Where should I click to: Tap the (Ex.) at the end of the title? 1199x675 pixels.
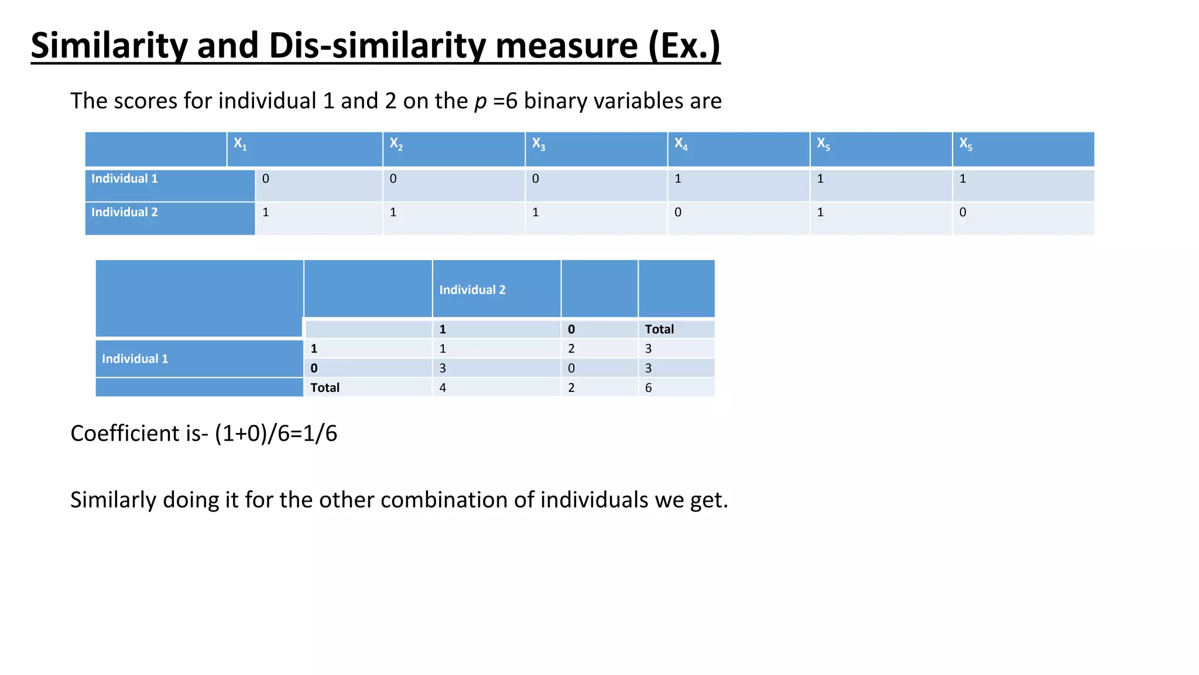point(684,46)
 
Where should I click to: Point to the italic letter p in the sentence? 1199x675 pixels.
point(480,101)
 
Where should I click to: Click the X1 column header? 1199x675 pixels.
point(240,144)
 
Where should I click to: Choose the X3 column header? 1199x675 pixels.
point(538,144)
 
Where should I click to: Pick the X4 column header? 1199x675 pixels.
point(680,144)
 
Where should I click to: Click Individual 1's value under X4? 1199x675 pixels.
point(678,179)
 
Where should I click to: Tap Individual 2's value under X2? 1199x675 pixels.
point(393,212)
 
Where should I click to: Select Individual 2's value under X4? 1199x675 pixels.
point(678,212)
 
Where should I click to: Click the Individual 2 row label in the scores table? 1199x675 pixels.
point(124,212)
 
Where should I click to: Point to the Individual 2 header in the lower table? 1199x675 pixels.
point(472,290)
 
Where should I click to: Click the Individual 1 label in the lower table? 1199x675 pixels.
point(135,359)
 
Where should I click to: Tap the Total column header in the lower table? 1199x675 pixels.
point(659,329)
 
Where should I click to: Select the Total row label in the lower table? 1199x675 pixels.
point(325,387)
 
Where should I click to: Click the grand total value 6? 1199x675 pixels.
point(648,387)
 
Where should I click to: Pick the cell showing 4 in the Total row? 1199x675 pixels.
point(443,387)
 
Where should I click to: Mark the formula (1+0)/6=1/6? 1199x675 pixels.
point(276,434)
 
